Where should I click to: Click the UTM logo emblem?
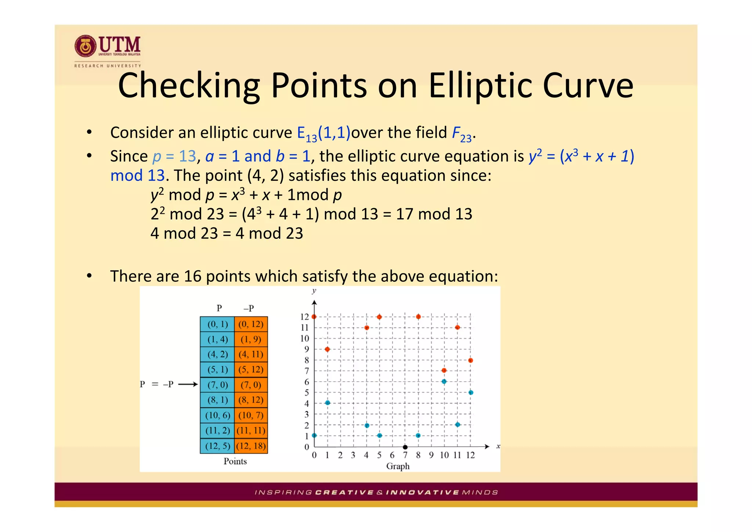86,47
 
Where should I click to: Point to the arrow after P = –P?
188,385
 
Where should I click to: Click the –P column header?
249,308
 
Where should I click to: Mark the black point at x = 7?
405,447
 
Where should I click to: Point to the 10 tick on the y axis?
305,338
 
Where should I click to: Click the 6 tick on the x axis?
392,455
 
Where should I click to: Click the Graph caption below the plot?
398,466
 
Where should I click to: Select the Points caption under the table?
235,461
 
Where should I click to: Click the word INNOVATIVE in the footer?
422,492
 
